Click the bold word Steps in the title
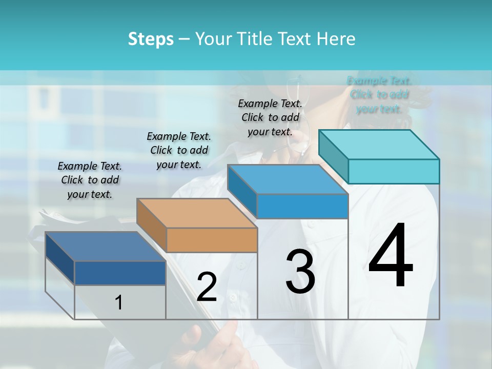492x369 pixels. pos(151,39)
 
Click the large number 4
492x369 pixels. pos(391,256)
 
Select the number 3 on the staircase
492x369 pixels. pos(300,272)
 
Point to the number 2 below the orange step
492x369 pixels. pos(207,287)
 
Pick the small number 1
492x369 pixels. pos(118,303)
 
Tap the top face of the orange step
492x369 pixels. pos(197,213)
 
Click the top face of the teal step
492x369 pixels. pos(379,145)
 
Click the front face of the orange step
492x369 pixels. pos(212,240)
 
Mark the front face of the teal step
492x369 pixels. pos(394,171)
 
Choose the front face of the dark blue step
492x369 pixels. pos(120,273)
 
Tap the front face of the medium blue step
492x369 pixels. pos(302,206)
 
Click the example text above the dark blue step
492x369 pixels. pos(90,180)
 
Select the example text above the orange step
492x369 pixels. pos(179,150)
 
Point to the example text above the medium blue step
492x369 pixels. pos(270,117)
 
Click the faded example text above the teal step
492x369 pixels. pos(379,94)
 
